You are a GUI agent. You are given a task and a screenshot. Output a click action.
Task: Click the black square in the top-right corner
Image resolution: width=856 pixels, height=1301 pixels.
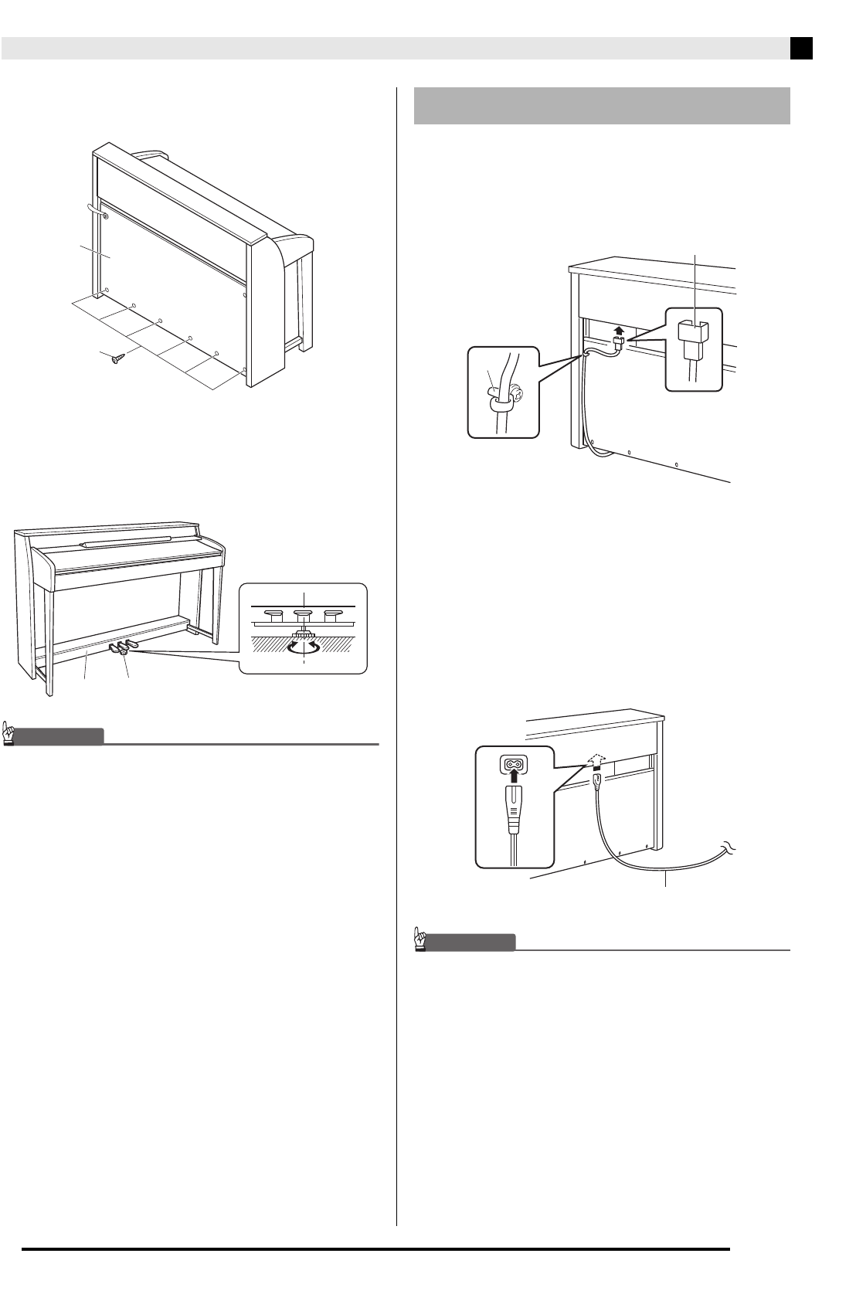(801, 49)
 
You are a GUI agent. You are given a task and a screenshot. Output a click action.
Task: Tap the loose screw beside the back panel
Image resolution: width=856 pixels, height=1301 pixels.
(118, 357)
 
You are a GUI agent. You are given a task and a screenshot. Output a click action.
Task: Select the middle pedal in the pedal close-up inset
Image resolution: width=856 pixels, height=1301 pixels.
(304, 616)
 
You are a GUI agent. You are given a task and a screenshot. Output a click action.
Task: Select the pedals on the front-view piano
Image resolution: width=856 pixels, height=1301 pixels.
(122, 647)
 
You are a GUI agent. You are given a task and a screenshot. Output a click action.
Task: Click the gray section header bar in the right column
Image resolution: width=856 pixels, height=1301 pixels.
(602, 105)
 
